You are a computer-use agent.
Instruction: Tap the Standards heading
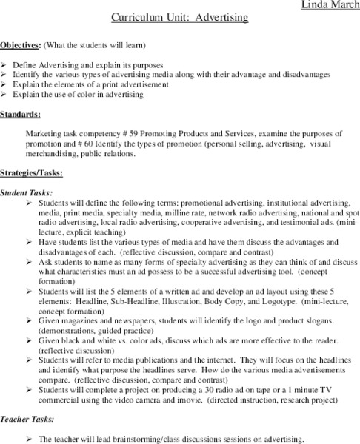[21, 115]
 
